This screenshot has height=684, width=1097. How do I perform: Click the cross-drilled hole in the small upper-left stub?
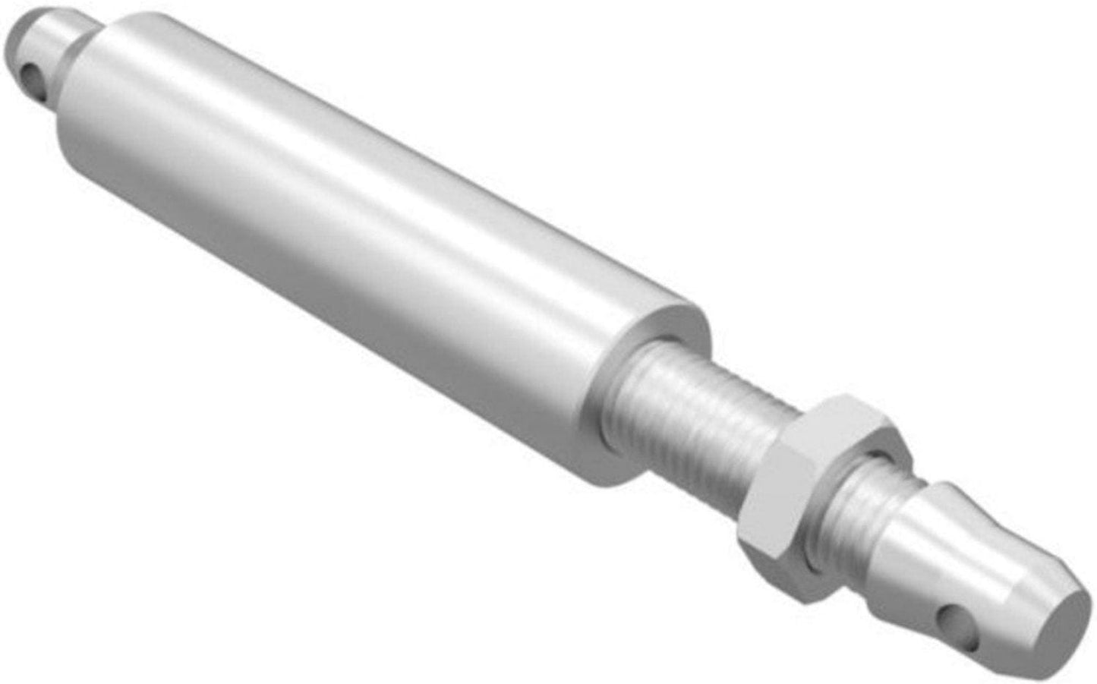coord(31,76)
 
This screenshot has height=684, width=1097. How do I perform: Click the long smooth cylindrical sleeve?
coord(342,251)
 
